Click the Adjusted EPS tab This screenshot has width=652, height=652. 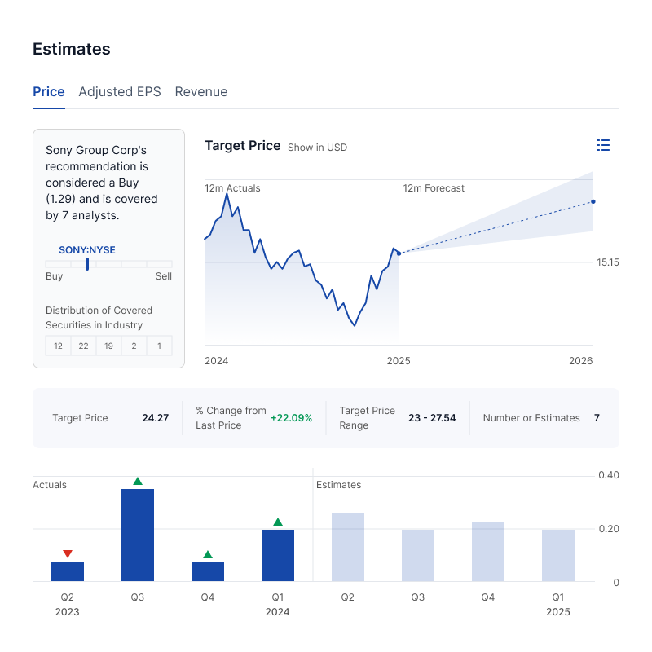pyautogui.click(x=120, y=92)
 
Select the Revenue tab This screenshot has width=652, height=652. pyautogui.click(x=201, y=92)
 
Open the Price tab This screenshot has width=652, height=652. pyautogui.click(x=49, y=92)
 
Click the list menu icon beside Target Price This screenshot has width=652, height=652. pyautogui.click(x=603, y=145)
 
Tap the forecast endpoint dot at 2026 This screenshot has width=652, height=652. pyautogui.click(x=593, y=201)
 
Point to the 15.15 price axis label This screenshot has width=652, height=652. pyautogui.click(x=608, y=262)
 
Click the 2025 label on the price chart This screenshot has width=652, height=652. pyautogui.click(x=399, y=361)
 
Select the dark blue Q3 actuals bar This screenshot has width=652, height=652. pyautogui.click(x=138, y=535)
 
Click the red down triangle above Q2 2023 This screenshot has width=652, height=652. pyautogui.click(x=68, y=554)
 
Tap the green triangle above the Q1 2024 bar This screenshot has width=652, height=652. pyautogui.click(x=278, y=522)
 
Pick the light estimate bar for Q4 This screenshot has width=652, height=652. pyautogui.click(x=488, y=551)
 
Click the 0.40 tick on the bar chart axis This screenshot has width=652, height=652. pyautogui.click(x=608, y=475)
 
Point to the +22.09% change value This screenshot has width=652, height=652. pyautogui.click(x=291, y=418)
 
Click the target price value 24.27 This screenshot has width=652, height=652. pyautogui.click(x=155, y=418)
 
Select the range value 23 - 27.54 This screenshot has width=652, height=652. pyautogui.click(x=432, y=418)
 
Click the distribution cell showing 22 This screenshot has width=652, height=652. pyautogui.click(x=83, y=346)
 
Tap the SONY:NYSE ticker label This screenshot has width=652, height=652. pyautogui.click(x=87, y=250)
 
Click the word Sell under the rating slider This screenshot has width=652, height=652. pyautogui.click(x=164, y=276)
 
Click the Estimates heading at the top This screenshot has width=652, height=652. pyautogui.click(x=72, y=49)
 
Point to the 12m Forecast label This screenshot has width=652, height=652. pyautogui.click(x=434, y=188)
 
